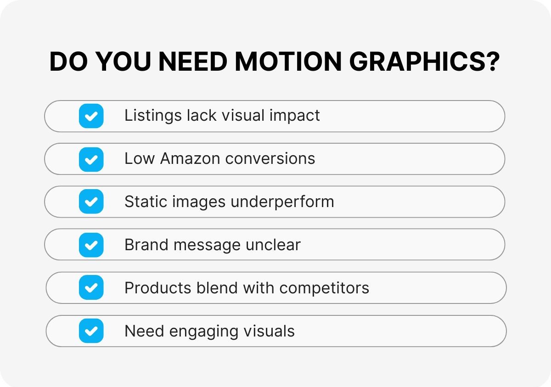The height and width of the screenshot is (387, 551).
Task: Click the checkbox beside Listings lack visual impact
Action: pyautogui.click(x=91, y=116)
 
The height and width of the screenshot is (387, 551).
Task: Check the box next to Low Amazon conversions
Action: pyautogui.click(x=91, y=159)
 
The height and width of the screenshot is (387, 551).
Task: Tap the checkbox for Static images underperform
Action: pyautogui.click(x=91, y=202)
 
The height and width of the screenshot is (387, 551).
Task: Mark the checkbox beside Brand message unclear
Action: pyautogui.click(x=91, y=245)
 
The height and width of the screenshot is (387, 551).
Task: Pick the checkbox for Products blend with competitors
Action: pyautogui.click(x=91, y=288)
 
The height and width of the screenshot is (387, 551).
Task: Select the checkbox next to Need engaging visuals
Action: pyautogui.click(x=91, y=331)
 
